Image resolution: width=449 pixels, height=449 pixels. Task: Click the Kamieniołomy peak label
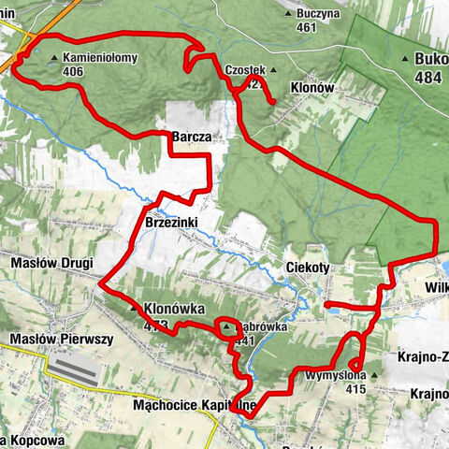(x=104, y=57)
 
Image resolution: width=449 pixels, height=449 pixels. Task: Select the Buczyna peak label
(x=319, y=14)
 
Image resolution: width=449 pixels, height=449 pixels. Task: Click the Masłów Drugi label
(x=48, y=264)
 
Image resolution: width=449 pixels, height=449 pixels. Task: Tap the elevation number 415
(x=355, y=388)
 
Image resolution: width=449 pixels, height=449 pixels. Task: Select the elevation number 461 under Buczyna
(x=305, y=28)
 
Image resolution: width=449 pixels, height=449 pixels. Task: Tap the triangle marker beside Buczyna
(x=287, y=14)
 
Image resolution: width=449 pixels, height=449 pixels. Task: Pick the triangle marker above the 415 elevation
(x=373, y=376)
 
